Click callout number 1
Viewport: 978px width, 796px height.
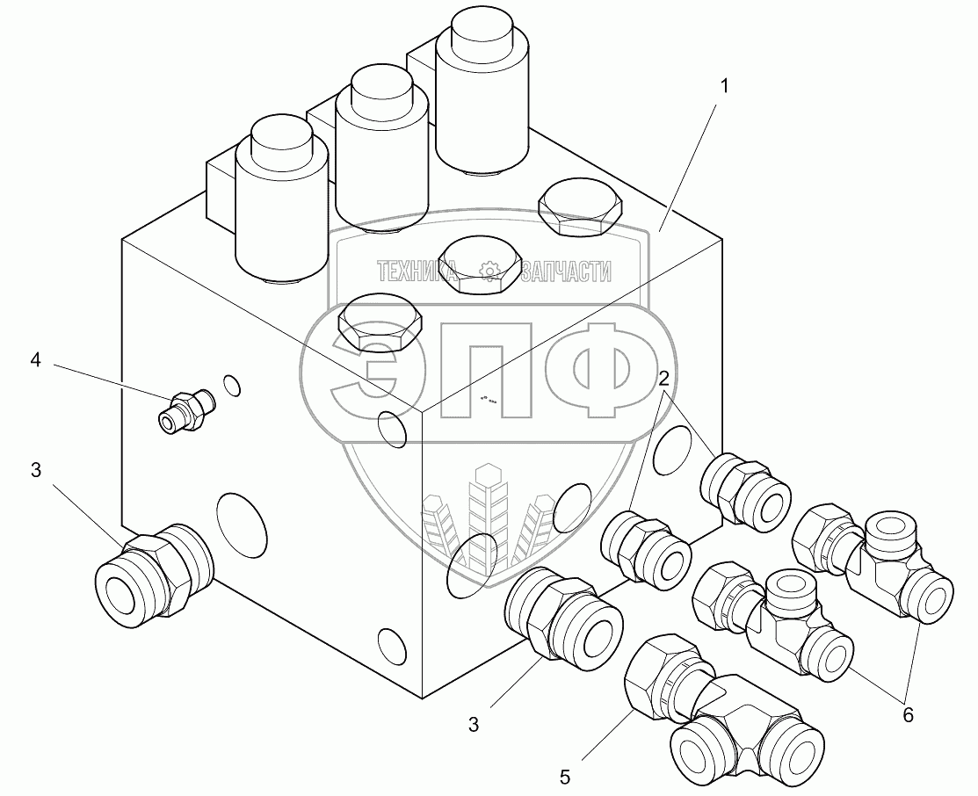pos(724,87)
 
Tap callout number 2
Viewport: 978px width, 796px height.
pos(664,378)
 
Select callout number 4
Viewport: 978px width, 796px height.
pos(36,359)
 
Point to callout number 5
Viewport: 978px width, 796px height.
pos(565,778)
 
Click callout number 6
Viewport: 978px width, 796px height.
pos(909,715)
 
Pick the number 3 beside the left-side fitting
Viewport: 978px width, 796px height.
pos(36,470)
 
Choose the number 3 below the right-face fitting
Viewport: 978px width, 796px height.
pos(474,724)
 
